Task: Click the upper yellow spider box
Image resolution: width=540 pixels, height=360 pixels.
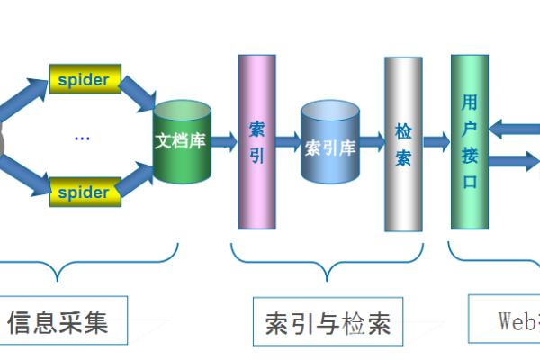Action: [85, 79]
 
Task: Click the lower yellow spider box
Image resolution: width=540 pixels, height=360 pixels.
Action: [85, 191]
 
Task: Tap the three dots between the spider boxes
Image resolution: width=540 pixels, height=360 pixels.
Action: [83, 138]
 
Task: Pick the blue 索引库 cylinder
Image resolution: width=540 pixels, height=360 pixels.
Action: [330, 144]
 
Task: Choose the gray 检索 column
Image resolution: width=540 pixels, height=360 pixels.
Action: [403, 144]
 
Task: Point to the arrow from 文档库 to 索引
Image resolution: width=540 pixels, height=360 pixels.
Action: [225, 141]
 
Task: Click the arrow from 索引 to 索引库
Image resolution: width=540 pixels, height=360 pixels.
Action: [287, 141]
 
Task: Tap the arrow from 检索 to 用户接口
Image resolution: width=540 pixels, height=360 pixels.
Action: [436, 141]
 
